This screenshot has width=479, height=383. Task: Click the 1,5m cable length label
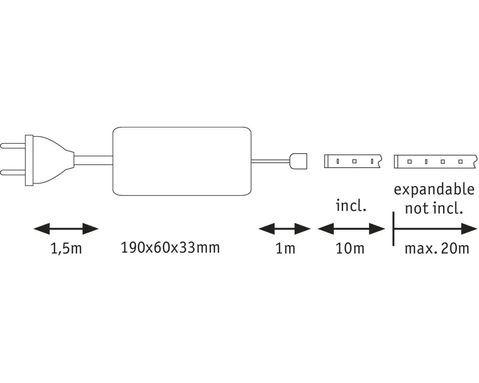[x=66, y=249]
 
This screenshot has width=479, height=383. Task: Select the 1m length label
[x=285, y=249]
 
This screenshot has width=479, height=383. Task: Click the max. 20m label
[x=436, y=249]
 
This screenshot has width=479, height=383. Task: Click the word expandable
[x=433, y=189]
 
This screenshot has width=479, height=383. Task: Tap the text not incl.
[x=433, y=208]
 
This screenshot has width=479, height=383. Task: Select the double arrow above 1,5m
[x=66, y=229]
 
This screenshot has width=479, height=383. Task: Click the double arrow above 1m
[x=285, y=229]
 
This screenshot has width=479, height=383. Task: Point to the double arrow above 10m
[x=352, y=229]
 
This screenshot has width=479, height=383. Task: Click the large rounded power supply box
[x=182, y=161]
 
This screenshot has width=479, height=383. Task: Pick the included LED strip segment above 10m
[x=352, y=161]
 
